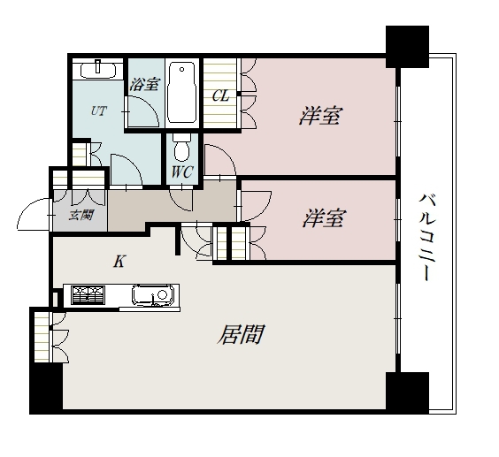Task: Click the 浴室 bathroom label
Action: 143,85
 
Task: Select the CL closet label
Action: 220,95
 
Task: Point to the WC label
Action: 182,171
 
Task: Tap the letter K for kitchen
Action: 119,261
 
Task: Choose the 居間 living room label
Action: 242,335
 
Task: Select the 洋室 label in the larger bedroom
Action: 320,115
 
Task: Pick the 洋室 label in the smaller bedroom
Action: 323,219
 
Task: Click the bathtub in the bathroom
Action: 182,92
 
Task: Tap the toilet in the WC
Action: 181,146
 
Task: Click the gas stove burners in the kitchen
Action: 88,295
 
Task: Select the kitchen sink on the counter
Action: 151,295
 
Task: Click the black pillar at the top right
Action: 407,46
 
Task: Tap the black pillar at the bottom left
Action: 45,389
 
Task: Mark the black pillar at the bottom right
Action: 407,392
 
